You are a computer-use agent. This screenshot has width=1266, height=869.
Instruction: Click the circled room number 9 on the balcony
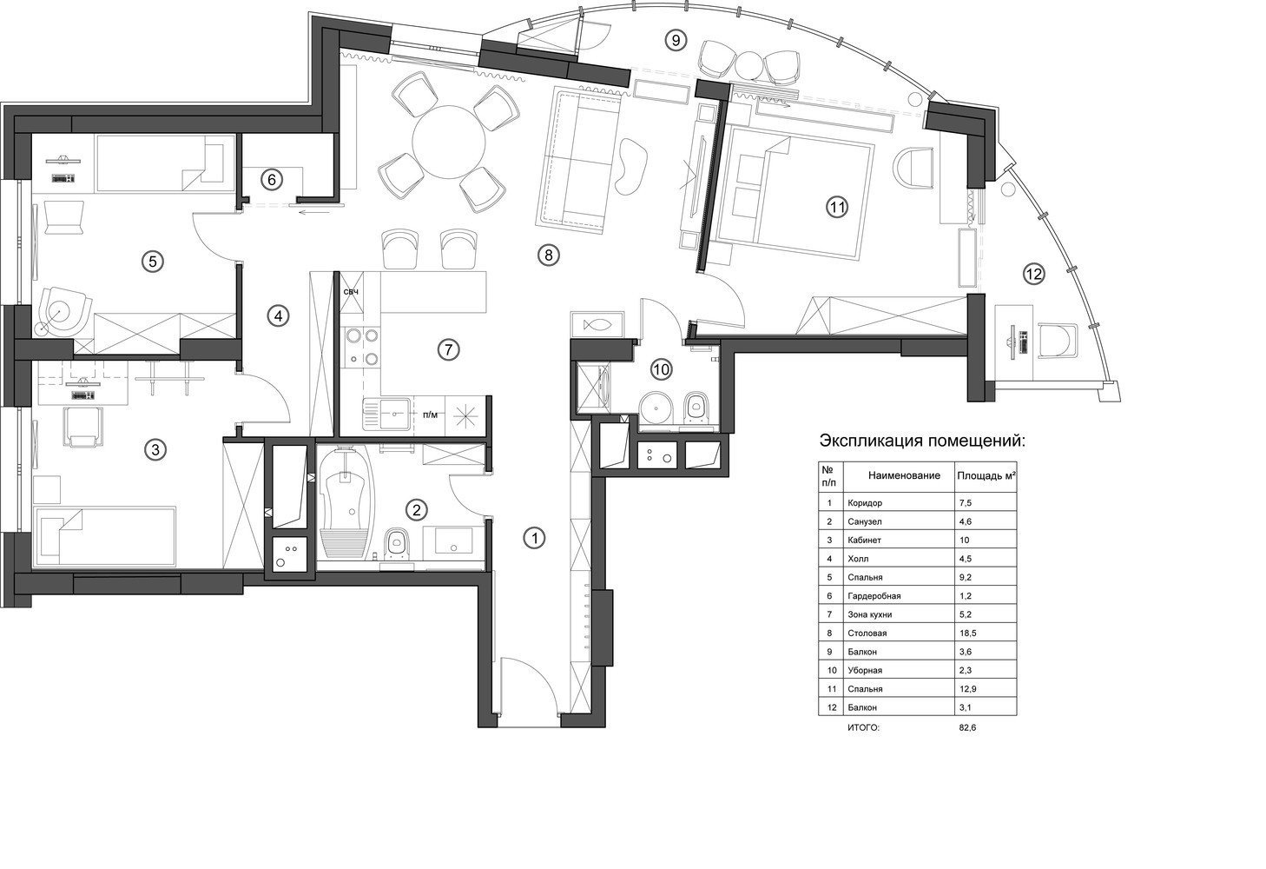coord(676,40)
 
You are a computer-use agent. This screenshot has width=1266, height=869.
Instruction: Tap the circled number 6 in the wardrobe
coord(272,180)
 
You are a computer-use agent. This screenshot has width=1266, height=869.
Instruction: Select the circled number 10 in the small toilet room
coord(662,370)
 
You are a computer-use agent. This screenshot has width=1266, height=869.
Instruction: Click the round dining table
coord(449,142)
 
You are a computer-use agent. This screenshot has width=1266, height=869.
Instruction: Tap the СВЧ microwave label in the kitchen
coord(351,292)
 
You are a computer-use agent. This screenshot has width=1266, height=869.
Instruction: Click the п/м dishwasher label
coord(430,415)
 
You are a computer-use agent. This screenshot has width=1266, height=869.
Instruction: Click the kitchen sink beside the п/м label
coord(389,415)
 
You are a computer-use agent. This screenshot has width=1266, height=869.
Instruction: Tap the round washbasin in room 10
coord(657,407)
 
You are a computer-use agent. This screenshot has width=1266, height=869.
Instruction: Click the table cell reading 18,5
coord(968,634)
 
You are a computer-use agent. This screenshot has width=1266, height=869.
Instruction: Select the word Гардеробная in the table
coord(874,596)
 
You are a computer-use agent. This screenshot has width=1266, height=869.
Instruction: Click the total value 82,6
coord(967,727)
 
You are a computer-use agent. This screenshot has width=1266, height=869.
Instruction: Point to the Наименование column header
coord(904,475)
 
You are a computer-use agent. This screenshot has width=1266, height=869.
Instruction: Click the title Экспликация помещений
coord(922,441)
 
